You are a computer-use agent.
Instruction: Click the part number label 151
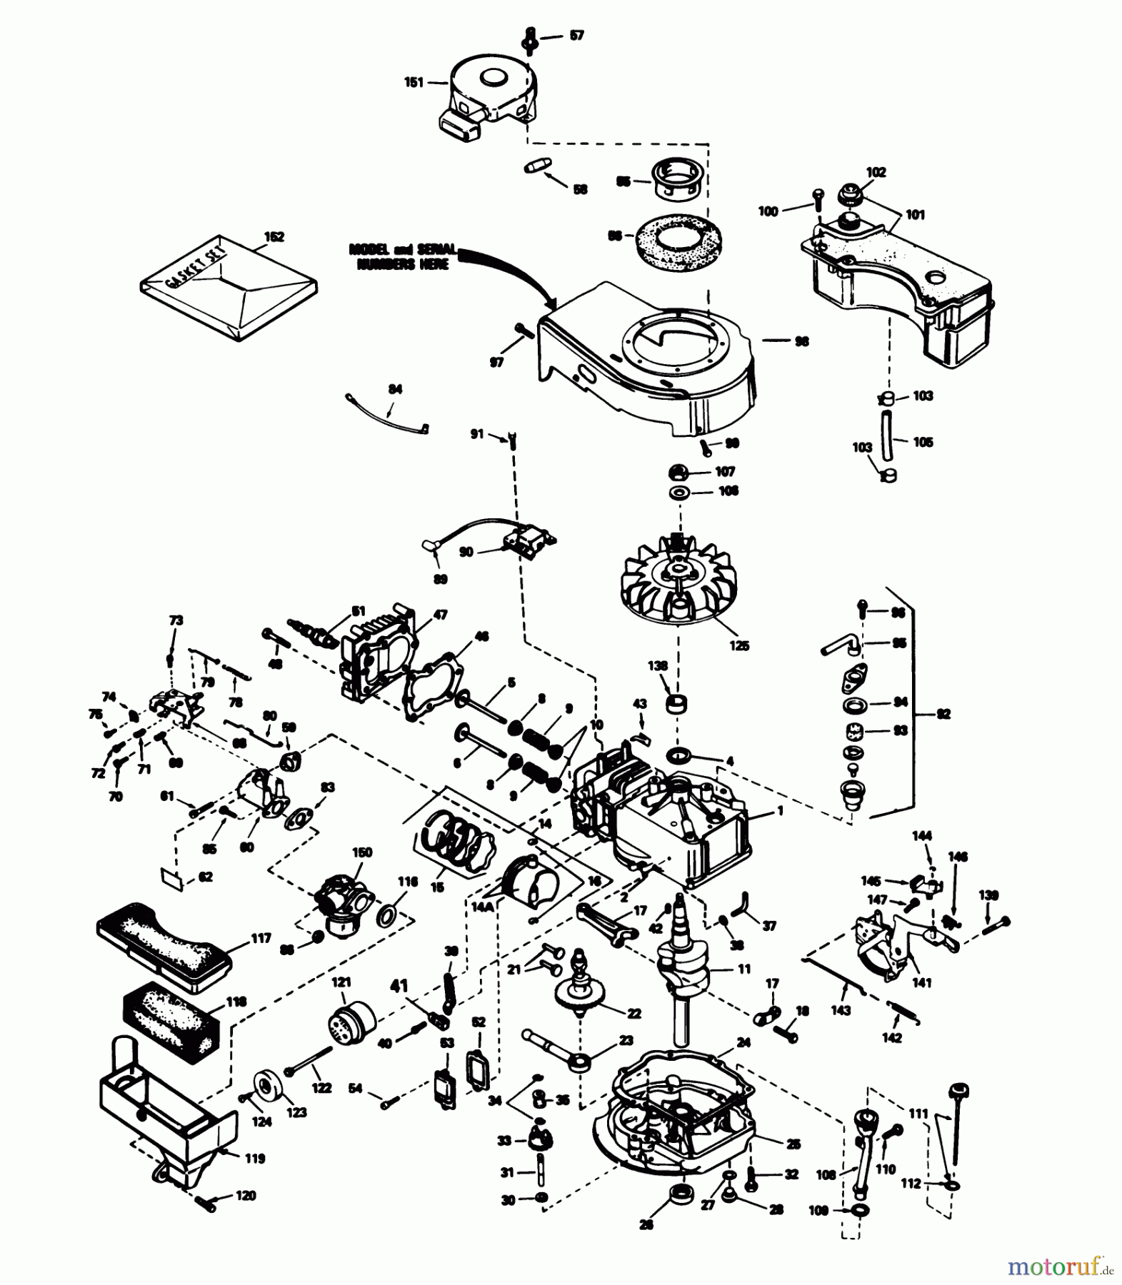tap(414, 82)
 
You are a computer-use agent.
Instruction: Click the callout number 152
tap(274, 236)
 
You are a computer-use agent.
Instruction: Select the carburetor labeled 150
tap(341, 903)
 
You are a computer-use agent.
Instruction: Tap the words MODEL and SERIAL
tap(403, 250)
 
